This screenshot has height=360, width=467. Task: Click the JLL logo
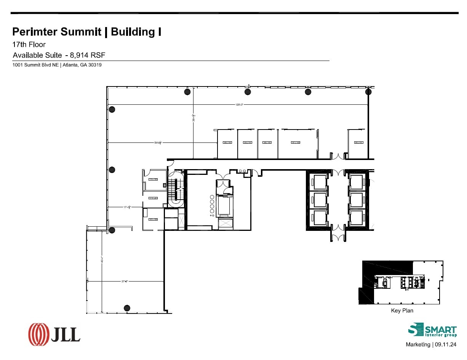(54, 334)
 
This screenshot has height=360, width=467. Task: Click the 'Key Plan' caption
(402, 310)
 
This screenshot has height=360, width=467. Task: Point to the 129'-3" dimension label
(239, 104)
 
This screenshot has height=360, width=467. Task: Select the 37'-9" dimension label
(124, 282)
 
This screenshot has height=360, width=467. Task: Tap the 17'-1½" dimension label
(127, 207)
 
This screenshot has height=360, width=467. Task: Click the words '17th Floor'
(29, 45)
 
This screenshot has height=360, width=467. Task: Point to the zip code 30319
(94, 65)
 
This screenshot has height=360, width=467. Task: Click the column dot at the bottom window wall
(127, 308)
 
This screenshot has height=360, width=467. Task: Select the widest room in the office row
(297, 144)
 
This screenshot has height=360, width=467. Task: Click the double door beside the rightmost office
(337, 156)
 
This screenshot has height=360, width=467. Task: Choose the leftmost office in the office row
(227, 144)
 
